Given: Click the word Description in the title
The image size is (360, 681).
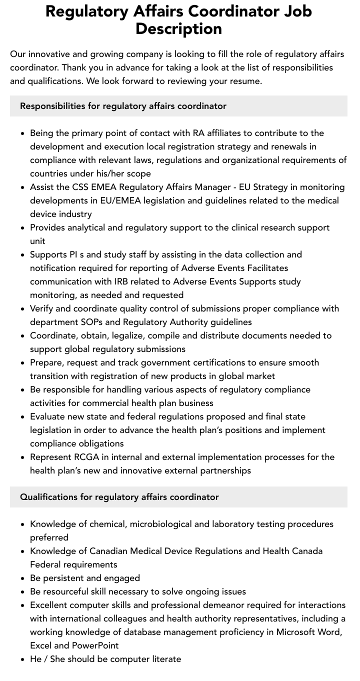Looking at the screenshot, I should pyautogui.click(x=178, y=28).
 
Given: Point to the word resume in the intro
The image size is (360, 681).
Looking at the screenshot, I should pyautogui.click(x=243, y=81).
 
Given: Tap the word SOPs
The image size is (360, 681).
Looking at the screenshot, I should pyautogui.click(x=106, y=322).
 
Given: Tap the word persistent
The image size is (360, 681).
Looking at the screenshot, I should pyautogui.click(x=63, y=578).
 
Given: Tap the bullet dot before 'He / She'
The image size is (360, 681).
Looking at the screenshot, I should pyautogui.click(x=23, y=659).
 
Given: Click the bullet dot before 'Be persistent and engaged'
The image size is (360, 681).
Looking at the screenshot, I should pyautogui.click(x=23, y=578).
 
